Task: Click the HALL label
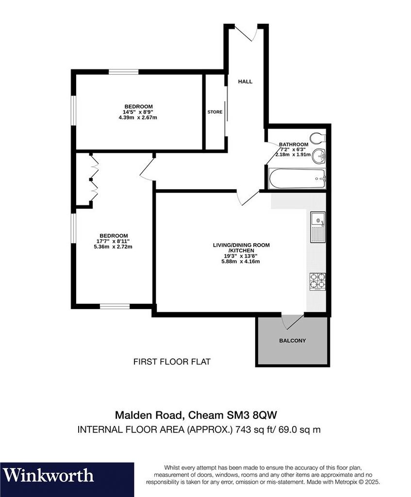tap(245, 82)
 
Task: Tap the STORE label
tap(215, 112)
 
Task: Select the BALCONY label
tap(293, 341)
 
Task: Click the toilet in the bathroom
tap(318, 138)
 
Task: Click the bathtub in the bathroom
tap(297, 179)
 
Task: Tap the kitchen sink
tap(318, 227)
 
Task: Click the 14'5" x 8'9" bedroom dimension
tap(138, 112)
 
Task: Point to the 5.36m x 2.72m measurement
tap(113, 247)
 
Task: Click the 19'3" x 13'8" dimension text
tap(241, 256)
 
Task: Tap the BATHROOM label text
tap(294, 145)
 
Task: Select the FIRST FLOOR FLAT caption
tap(172, 362)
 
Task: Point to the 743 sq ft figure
tap(252, 430)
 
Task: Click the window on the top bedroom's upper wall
tap(124, 72)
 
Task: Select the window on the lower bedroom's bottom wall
tap(115, 306)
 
